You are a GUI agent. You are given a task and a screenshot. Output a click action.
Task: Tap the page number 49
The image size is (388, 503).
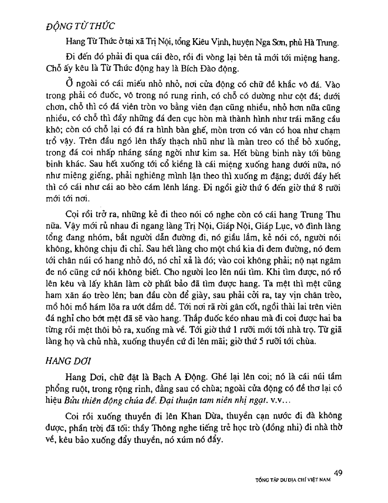click(338, 473)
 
